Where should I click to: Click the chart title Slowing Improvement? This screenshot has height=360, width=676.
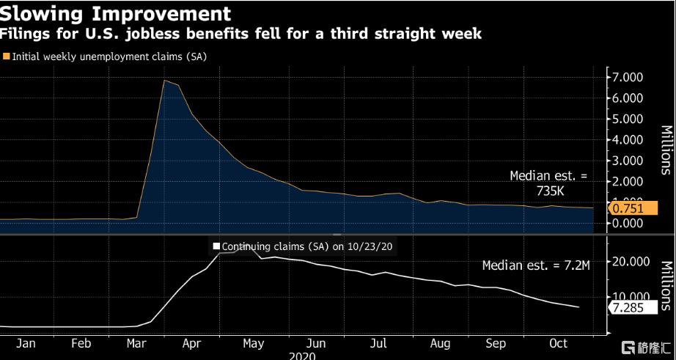tap(116, 13)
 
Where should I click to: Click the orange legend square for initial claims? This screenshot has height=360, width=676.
tap(7, 56)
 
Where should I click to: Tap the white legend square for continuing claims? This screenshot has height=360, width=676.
tap(216, 246)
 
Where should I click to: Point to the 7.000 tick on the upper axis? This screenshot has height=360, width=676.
tap(628, 77)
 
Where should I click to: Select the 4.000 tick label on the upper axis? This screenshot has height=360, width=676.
tap(628, 139)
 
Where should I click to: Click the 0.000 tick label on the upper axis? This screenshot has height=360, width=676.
tap(628, 223)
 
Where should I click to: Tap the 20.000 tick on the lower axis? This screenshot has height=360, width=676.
tap(630, 262)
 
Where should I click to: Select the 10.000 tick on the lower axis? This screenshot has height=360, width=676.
tap(630, 296)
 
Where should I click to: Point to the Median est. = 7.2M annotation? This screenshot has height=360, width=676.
tap(536, 265)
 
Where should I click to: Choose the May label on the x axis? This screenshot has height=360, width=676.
tap(253, 343)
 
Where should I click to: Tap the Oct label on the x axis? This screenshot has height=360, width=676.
tap(559, 343)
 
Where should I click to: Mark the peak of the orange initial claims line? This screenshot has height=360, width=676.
tap(165, 80)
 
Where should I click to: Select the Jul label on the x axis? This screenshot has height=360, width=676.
tap(378, 343)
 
